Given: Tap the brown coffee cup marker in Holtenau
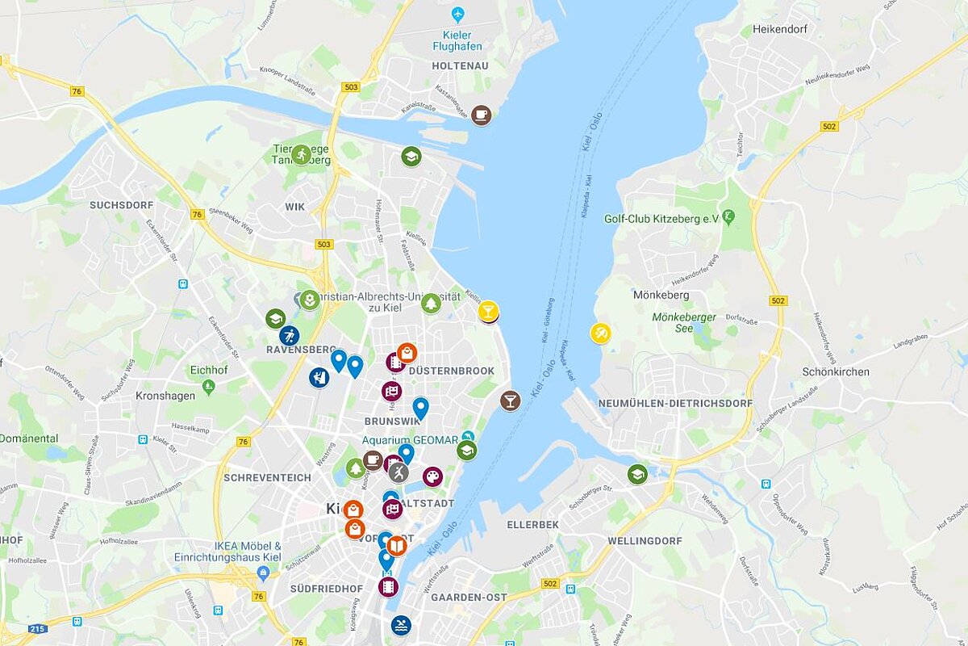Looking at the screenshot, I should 482,115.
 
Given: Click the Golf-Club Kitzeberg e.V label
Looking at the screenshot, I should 661,218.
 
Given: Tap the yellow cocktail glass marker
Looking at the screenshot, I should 488,310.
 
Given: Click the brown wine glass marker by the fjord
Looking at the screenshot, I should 510,401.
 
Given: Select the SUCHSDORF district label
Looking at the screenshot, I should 121,205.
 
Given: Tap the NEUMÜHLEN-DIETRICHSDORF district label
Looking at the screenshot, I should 675,403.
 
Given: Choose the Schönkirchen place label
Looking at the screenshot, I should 836,372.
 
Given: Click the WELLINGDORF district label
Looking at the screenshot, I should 645,540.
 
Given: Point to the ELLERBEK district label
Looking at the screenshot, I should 532,525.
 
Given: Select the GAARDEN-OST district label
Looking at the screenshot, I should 469,598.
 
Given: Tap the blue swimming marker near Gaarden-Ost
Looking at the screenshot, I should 401,626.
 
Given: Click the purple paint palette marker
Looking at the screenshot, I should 433,476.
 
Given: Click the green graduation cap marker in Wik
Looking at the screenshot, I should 411,157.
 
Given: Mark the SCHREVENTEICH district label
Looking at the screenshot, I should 267,477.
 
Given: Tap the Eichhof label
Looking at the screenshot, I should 208,371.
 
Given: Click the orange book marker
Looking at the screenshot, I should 396,546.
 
